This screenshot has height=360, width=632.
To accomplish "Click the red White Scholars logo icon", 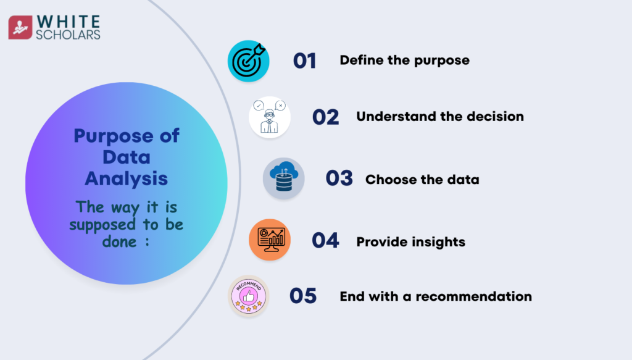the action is (x=20, y=27).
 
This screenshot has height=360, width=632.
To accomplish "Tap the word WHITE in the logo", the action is (x=68, y=22).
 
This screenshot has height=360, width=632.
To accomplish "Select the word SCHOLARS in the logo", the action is (x=68, y=35).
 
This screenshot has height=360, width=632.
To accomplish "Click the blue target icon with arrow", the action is (x=248, y=61).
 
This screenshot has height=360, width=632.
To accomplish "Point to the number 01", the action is (x=304, y=61).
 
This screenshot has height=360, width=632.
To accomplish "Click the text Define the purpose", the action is (x=404, y=61).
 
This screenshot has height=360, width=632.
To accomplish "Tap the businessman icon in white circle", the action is (x=270, y=117).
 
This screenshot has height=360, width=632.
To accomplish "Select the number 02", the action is (x=325, y=117).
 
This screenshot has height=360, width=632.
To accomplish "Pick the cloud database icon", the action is (x=284, y=178).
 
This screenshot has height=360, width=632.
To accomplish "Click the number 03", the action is (x=339, y=178).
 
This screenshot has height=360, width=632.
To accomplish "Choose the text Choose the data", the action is (x=422, y=180).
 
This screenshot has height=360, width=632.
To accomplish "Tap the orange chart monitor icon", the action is (x=270, y=240).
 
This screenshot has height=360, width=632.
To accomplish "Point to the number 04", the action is (x=325, y=240).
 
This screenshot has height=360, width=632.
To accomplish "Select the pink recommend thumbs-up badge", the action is (x=248, y=296).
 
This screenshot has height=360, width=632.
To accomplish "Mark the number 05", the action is (x=302, y=296).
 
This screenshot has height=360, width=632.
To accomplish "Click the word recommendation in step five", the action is (x=473, y=296).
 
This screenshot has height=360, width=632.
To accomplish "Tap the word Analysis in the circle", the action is (x=126, y=178).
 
